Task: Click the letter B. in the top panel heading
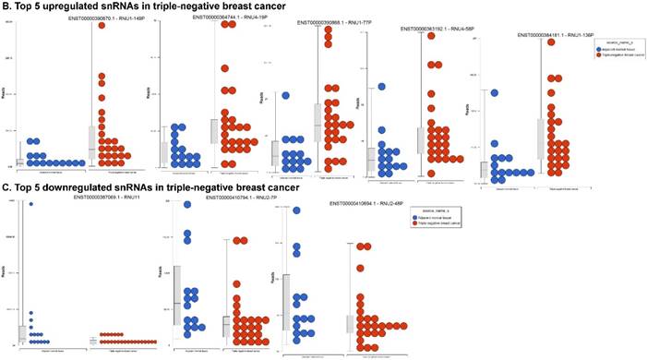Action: pyautogui.click(x=6, y=6)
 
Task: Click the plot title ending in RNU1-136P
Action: pyautogui.click(x=544, y=35)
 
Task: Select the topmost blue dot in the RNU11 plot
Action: pyautogui.click(x=30, y=205)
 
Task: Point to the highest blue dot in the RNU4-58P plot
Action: pyautogui.click(x=380, y=88)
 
